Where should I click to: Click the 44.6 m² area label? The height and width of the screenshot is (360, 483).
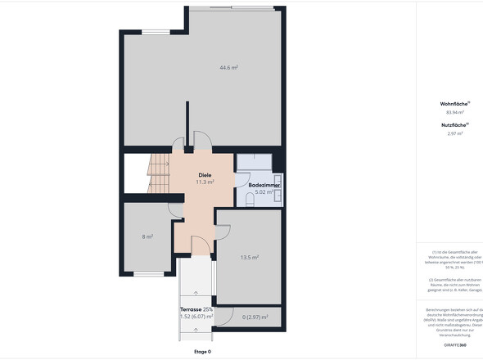tap(228, 67)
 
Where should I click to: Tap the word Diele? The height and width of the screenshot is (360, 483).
tap(205, 175)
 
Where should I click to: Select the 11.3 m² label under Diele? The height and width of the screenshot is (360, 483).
tap(205, 182)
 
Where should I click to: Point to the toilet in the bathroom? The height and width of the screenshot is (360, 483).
tap(250, 199)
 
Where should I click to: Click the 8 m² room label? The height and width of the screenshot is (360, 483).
tap(148, 236)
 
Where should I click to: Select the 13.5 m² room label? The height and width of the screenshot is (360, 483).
tap(250, 257)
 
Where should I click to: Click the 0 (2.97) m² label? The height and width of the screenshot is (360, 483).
tap(255, 317)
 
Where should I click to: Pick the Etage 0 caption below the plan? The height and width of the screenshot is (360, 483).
tap(202, 352)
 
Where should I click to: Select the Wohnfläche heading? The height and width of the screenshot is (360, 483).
tap(454, 104)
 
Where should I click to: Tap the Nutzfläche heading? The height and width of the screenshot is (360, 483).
tap(454, 124)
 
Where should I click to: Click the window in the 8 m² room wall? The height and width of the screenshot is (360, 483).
tap(147, 273)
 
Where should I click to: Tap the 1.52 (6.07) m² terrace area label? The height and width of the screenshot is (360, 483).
tap(196, 317)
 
